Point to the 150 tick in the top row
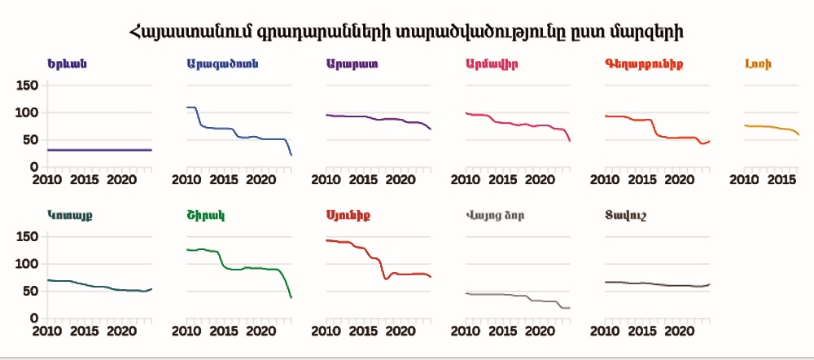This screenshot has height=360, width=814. [28, 85]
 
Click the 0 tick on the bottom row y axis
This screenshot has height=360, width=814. [34, 318]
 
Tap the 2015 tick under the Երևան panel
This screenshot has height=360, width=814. [84, 179]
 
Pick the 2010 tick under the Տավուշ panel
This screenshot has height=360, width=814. [605, 331]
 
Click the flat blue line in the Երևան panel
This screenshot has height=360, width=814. [98, 150]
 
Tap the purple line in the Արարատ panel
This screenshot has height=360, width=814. [374, 118]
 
